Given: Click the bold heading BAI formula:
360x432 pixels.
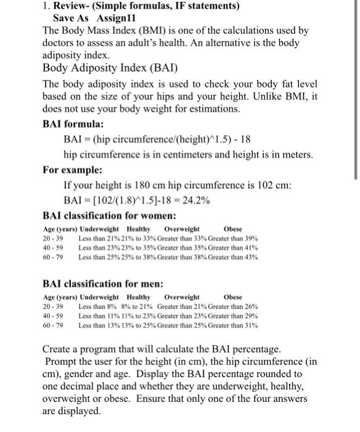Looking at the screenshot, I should pos(72,123).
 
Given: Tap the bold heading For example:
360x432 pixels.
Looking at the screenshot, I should pos(72,169).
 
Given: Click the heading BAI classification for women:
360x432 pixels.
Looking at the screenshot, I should pos(109,216).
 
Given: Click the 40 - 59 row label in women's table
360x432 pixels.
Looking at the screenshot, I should pos(52,247).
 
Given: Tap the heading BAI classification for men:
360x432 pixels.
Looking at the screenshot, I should pos(102,283).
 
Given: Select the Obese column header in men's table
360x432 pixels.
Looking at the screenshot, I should pos(233,297).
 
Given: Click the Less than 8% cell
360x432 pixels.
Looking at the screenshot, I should pos(96,306).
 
